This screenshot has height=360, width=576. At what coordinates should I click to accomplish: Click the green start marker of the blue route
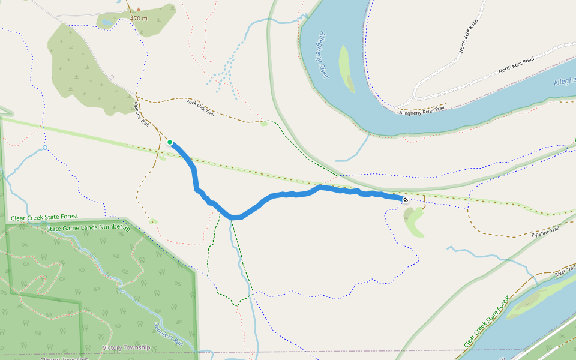(170, 142)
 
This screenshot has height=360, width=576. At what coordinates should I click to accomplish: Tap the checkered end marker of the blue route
(406, 199)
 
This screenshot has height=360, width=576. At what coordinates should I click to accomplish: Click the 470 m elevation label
(139, 19)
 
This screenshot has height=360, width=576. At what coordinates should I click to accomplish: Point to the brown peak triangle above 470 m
(139, 9)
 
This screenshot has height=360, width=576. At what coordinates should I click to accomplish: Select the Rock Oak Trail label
(200, 104)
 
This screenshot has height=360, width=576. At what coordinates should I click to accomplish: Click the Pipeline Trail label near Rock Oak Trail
(141, 113)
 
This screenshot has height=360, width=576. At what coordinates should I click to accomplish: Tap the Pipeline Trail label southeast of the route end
(545, 231)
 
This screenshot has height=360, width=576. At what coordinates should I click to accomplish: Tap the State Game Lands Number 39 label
(88, 228)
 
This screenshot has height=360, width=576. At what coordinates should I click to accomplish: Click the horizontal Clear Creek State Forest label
(44, 217)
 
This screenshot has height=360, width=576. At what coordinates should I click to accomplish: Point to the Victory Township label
(126, 347)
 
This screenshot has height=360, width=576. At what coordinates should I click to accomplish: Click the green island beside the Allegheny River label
(346, 68)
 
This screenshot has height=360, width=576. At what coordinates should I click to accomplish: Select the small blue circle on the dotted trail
(45, 148)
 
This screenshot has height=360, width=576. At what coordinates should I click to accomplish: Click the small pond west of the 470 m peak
(107, 22)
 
